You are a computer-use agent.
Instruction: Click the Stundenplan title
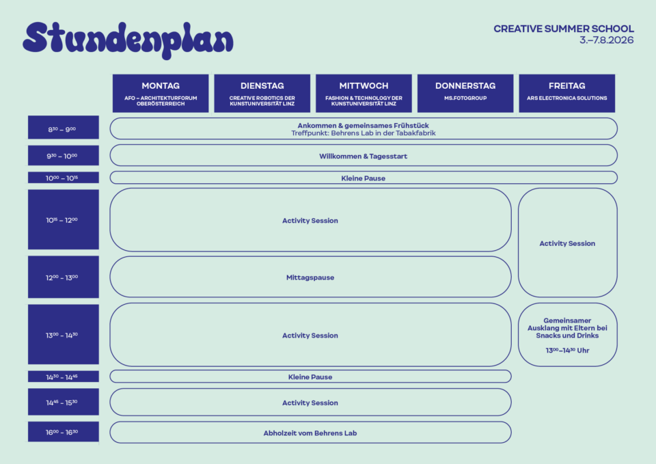click(128, 40)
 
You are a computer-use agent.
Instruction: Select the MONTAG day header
click(161, 94)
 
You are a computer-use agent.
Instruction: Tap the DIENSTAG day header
click(262, 94)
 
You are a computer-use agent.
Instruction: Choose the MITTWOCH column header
click(364, 94)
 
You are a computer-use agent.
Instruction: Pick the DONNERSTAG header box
click(465, 94)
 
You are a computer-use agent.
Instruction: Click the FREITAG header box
click(567, 94)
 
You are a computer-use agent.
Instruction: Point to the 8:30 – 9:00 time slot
click(64, 127)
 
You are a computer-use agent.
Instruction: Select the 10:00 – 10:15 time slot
click(64, 178)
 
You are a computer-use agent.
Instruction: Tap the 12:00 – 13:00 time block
click(64, 277)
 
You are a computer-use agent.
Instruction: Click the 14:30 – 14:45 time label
click(64, 377)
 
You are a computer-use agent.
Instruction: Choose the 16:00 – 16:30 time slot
click(64, 432)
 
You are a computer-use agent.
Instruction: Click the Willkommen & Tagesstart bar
click(364, 155)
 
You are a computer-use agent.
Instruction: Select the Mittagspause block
click(310, 277)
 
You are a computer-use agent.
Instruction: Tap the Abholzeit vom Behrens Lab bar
click(310, 432)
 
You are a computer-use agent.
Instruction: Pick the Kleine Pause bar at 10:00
click(364, 178)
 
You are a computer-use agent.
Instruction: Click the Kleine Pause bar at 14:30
click(310, 377)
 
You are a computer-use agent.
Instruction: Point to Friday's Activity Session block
click(568, 243)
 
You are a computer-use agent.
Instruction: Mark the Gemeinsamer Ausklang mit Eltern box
click(568, 335)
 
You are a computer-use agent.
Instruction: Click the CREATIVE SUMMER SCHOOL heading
click(564, 29)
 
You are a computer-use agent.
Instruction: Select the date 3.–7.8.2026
click(607, 40)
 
